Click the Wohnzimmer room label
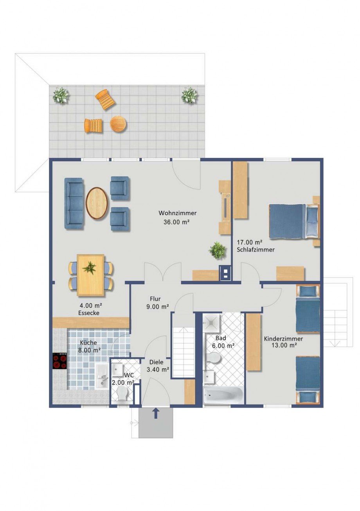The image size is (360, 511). pos(177,213)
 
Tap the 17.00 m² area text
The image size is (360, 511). pos(249,242)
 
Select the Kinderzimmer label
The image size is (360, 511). pos(283,339)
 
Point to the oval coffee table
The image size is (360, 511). pos(97,203)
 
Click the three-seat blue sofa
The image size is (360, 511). pos(74,203)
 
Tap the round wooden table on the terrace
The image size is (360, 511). pos(118,124)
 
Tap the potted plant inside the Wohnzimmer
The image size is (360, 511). pos(218,251)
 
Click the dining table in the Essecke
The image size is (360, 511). pos(91,275)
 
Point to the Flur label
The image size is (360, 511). pos(155,299)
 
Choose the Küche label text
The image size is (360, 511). pos(88,342)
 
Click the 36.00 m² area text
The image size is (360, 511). pos(177,222)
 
